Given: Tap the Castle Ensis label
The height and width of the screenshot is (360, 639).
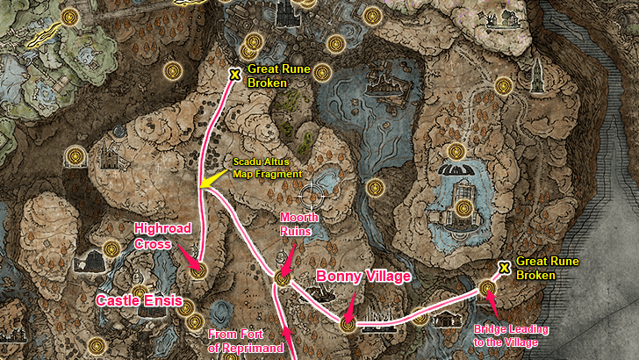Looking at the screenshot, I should tap(139, 301).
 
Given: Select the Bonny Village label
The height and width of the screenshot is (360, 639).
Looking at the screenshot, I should tap(363, 277).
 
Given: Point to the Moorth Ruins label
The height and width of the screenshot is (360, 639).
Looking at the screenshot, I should tap(297, 224).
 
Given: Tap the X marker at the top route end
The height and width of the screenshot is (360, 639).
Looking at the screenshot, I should tap(234, 75).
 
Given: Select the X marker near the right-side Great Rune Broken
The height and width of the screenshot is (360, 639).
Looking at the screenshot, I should tap(505, 267).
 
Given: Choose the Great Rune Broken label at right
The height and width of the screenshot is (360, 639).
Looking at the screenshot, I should tap(544, 268).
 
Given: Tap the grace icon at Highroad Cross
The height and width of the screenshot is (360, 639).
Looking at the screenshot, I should tap(198, 270).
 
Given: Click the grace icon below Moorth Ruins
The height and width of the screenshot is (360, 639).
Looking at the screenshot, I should tap(283, 277).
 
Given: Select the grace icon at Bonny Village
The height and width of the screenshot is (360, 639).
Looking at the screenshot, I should tap(348, 325).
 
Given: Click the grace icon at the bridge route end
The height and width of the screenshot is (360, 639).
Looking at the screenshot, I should tap(487, 287).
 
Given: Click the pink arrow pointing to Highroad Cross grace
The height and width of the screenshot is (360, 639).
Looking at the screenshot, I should tap(187, 256).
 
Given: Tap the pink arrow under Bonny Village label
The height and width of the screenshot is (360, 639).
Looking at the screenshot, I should tap(350, 307).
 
